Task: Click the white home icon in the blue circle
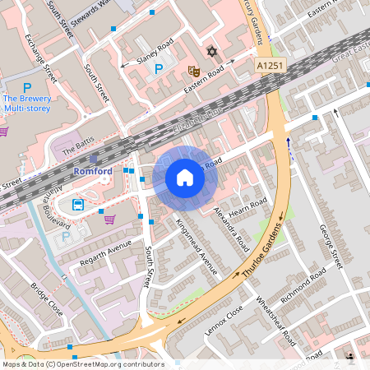(x=185, y=177)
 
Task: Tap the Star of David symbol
(x=211, y=53)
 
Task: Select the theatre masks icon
(x=193, y=72)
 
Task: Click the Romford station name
(x=93, y=171)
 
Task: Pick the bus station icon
(x=78, y=205)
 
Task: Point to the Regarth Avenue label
(x=105, y=254)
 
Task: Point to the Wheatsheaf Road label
(x=276, y=320)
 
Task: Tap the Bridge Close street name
(x=46, y=301)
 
